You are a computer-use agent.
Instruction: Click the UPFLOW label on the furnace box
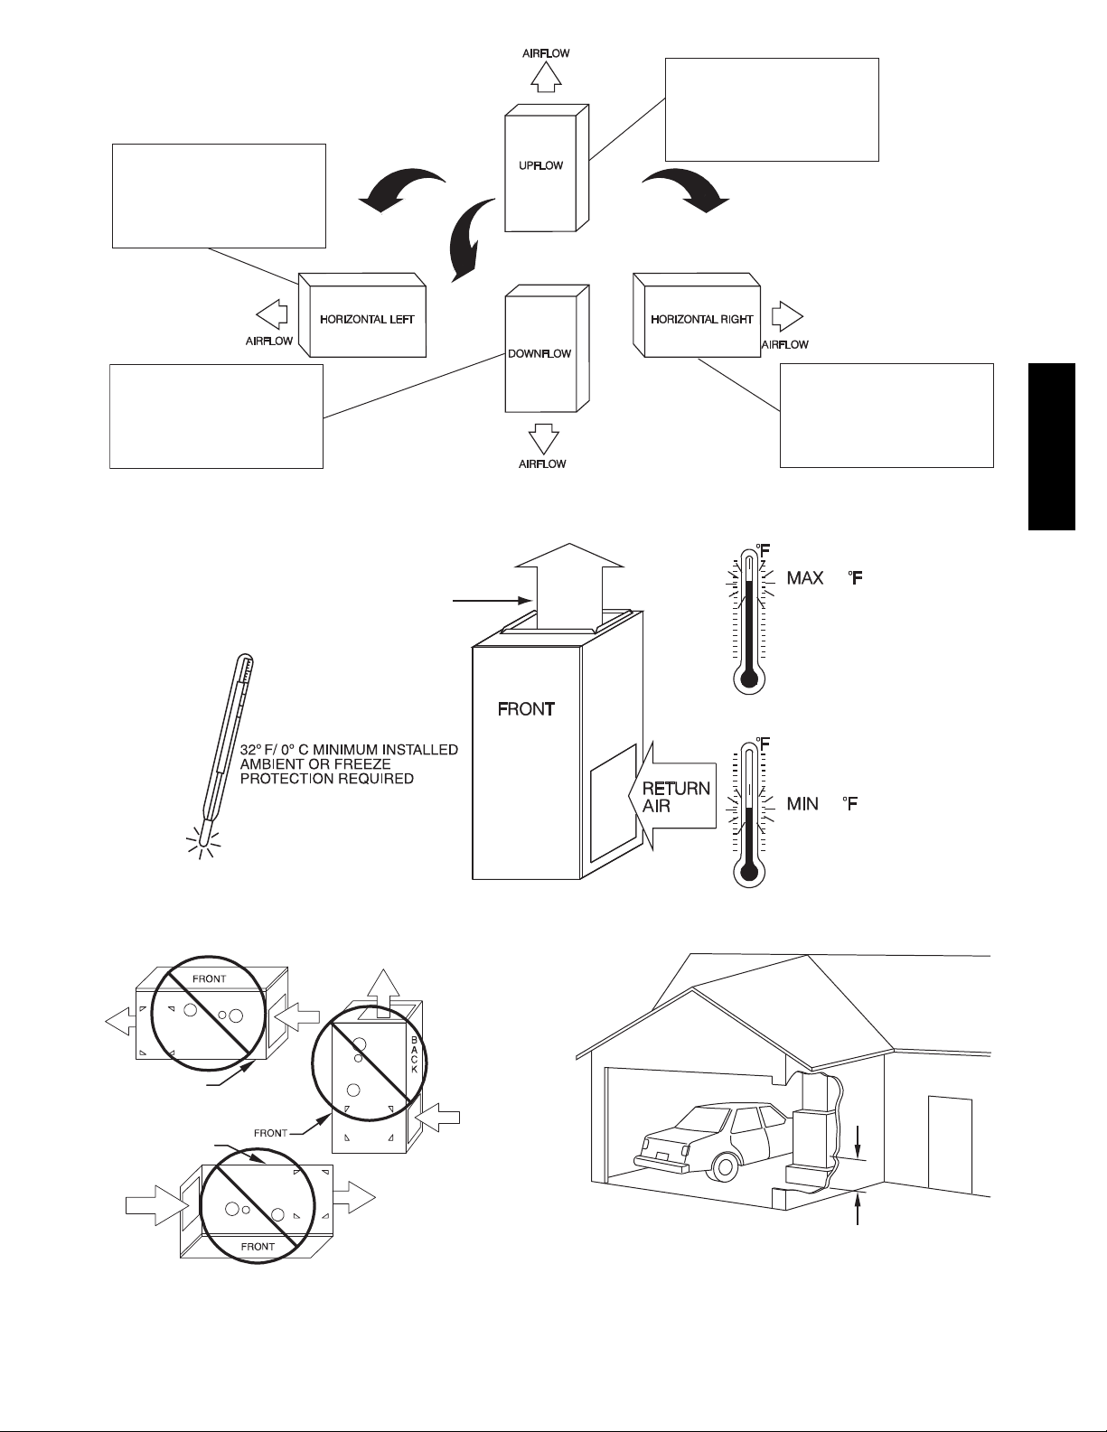coord(540,165)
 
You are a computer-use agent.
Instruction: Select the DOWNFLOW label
coord(539,354)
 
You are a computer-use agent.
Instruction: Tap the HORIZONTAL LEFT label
coord(367,320)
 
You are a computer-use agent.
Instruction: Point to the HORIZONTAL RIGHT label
coord(702,320)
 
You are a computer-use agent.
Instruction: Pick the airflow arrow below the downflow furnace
coord(544,438)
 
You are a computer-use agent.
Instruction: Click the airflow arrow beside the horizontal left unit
coord(272,314)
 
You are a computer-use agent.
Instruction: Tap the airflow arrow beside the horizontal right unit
coord(787,317)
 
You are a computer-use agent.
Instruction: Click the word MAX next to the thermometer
coord(805,578)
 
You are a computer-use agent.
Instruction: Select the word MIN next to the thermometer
coord(802,804)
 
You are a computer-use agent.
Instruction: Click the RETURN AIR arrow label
coord(672,795)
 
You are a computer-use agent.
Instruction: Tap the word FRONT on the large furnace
coord(526,709)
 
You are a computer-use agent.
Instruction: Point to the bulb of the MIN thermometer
coord(748,872)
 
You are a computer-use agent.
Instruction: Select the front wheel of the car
coord(724,1166)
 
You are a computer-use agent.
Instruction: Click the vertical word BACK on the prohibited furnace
coord(415,1055)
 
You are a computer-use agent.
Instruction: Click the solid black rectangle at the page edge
coord(1052,446)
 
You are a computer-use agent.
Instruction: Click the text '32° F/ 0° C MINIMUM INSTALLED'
coord(349,749)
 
